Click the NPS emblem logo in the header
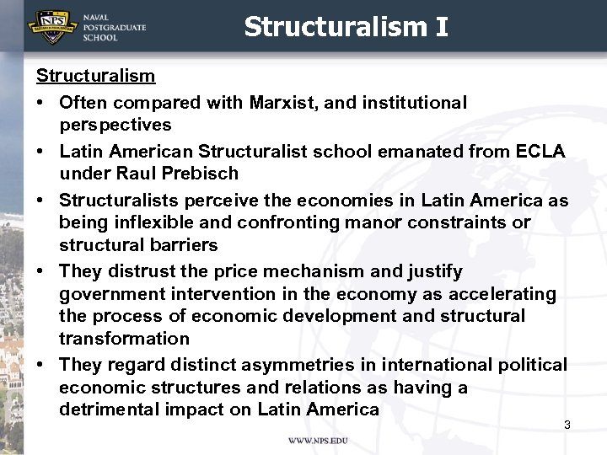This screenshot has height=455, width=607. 51,26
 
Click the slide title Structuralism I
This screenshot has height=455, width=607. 346,27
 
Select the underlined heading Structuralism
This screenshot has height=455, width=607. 95,76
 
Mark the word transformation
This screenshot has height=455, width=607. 123,339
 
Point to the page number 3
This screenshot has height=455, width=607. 567,425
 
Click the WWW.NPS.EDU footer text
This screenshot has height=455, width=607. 318,441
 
